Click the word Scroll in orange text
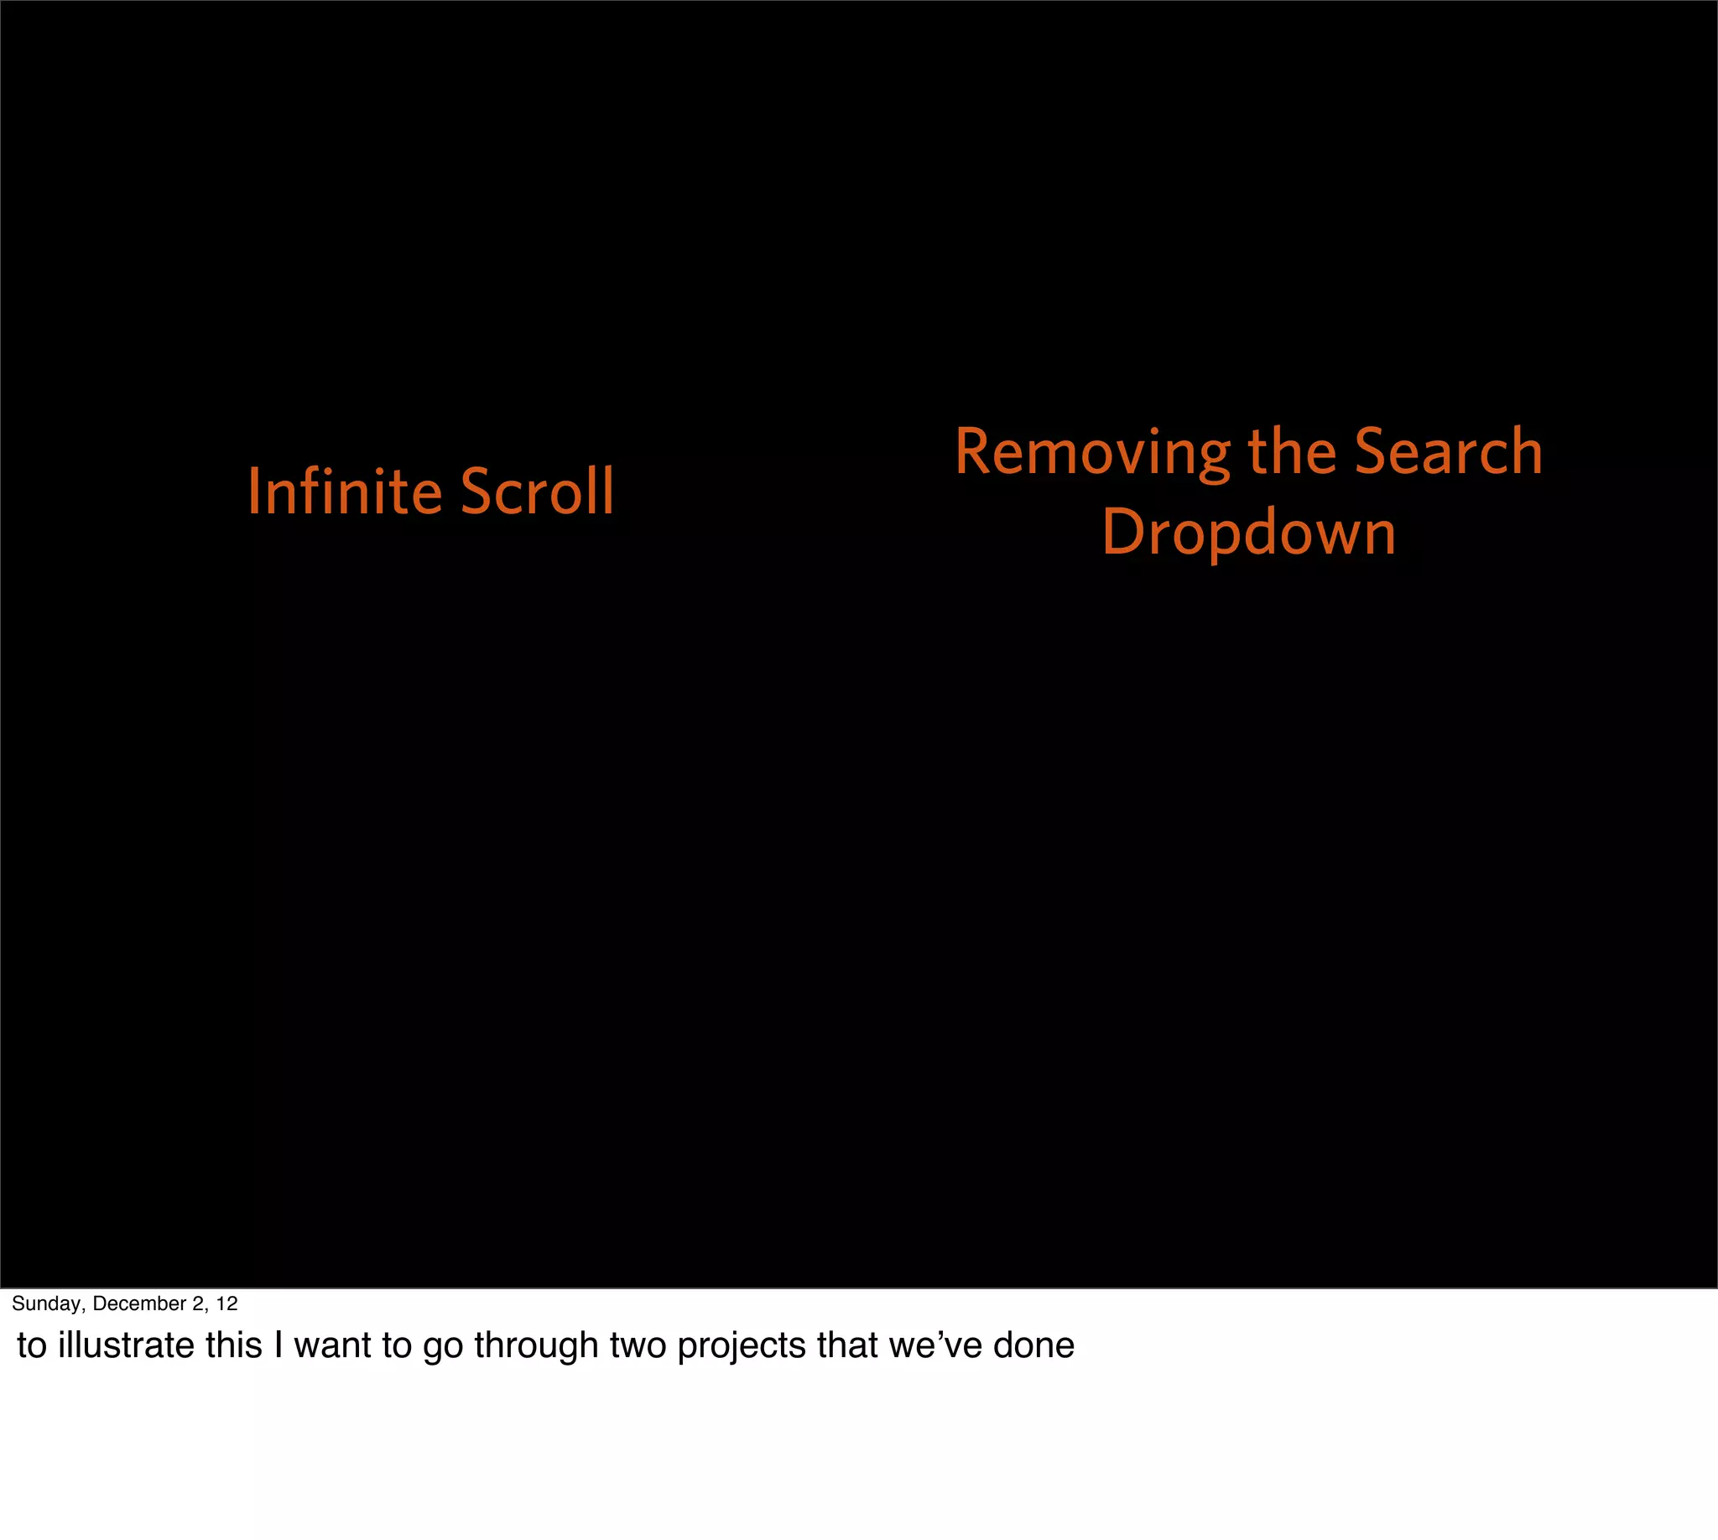[538, 492]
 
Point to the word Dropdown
[1248, 533]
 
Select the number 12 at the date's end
[226, 1303]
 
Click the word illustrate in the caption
[126, 1345]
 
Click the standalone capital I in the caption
[279, 1345]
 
